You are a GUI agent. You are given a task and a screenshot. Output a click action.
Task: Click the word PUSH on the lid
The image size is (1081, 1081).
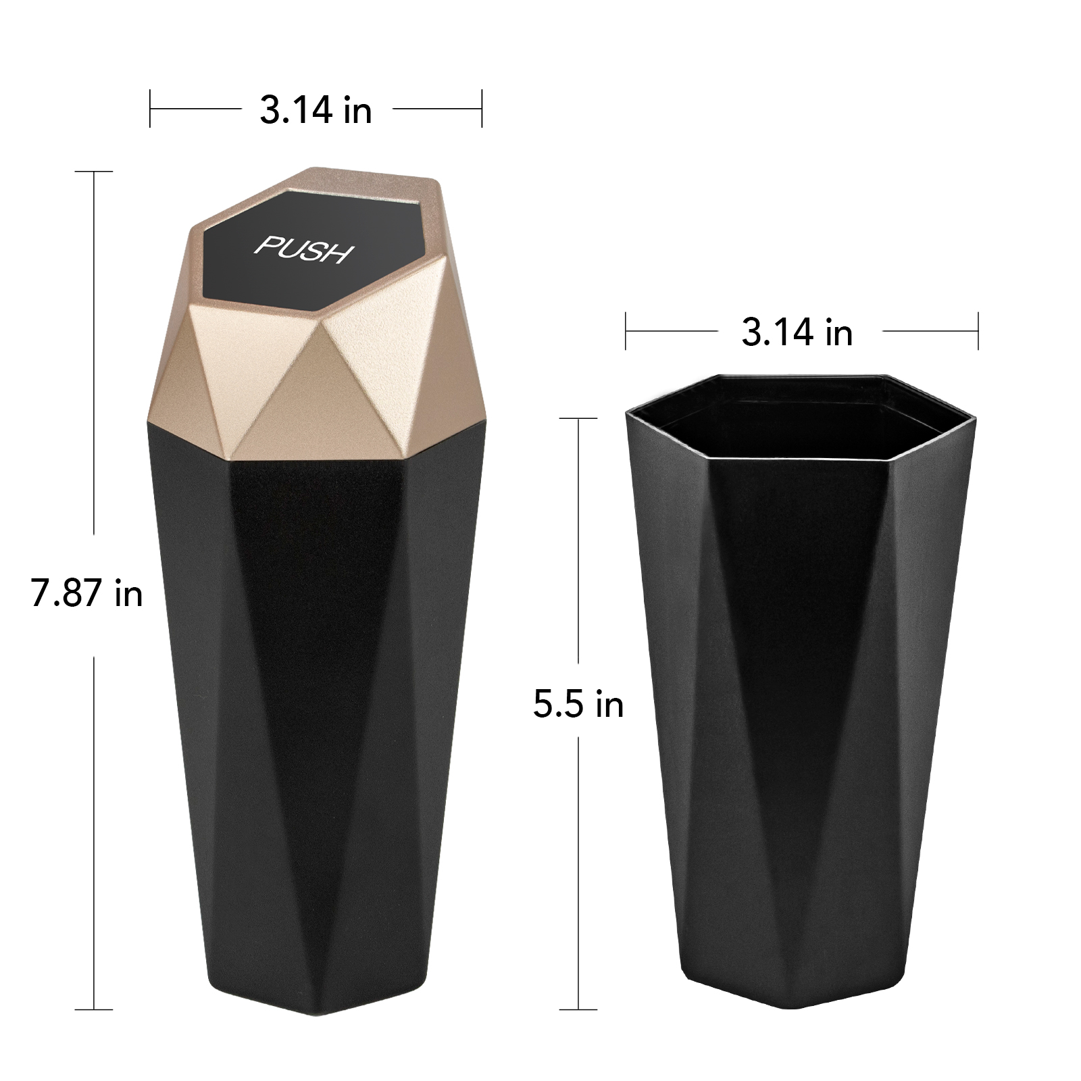pos(304,249)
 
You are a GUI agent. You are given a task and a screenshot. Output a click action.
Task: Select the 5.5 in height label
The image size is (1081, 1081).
pos(578,705)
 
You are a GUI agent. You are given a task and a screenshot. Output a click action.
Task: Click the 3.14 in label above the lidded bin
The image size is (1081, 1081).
pos(316,110)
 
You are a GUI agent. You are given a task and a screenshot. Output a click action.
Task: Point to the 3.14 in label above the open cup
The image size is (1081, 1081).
pos(797,332)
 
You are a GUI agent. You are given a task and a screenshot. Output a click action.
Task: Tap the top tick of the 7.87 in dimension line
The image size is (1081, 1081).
pos(93,172)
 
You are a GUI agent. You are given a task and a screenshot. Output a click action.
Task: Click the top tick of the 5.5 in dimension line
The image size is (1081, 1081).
pos(578,419)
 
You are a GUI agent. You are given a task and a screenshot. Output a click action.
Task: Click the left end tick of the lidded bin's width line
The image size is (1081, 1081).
pos(150,108)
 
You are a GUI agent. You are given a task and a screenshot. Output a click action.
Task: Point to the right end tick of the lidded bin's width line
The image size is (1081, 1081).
pos(482,108)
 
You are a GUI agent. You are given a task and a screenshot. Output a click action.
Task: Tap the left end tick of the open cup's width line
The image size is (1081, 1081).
pos(626,331)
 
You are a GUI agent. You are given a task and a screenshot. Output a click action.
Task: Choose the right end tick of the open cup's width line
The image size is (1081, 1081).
pos(978,331)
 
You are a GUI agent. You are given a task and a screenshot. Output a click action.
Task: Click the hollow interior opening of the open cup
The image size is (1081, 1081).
pos(797,419)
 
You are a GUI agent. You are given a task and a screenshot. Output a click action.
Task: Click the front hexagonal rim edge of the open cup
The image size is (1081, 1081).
pos(797,462)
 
